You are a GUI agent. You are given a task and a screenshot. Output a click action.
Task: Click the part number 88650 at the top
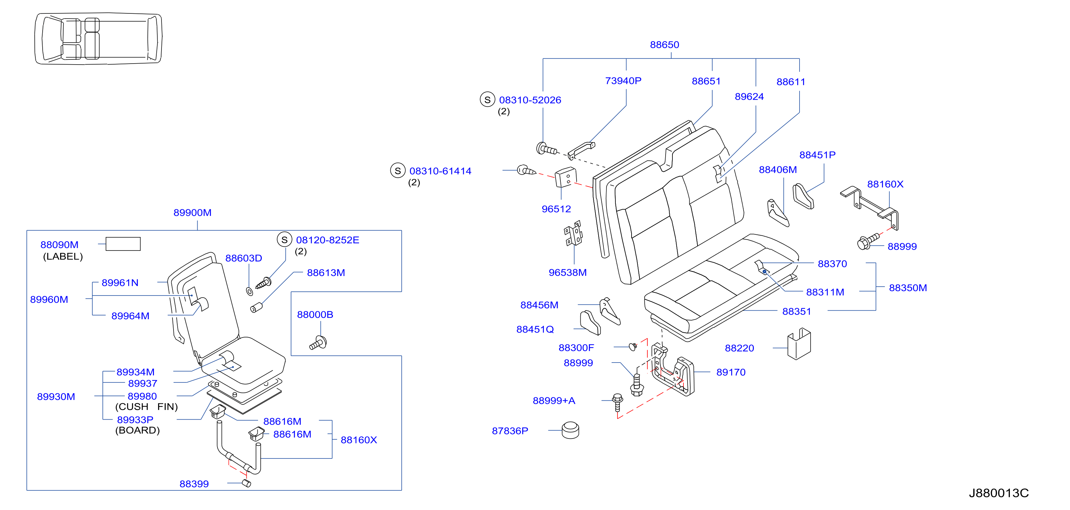(664, 45)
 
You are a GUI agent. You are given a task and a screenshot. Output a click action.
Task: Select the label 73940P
(623, 80)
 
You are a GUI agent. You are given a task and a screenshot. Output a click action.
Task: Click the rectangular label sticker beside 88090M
(123, 244)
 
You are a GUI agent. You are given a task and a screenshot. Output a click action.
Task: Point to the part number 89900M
(192, 213)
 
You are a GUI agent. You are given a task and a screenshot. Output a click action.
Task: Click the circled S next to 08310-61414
(398, 170)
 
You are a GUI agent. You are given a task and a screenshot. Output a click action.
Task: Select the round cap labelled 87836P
(570, 430)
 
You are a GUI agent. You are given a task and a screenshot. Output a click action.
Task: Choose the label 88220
(739, 348)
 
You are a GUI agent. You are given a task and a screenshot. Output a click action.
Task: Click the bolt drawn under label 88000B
(318, 343)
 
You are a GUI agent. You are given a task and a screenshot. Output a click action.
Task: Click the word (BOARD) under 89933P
(137, 430)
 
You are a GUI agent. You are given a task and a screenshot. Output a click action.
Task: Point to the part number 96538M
(567, 273)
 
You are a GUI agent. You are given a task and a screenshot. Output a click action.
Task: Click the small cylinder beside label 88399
(246, 483)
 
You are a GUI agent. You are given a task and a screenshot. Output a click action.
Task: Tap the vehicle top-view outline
(98, 38)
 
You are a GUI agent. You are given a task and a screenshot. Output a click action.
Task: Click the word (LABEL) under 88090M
(63, 257)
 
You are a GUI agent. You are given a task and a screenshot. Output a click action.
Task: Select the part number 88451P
(817, 155)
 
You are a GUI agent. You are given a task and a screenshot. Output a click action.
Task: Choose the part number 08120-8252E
(327, 240)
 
